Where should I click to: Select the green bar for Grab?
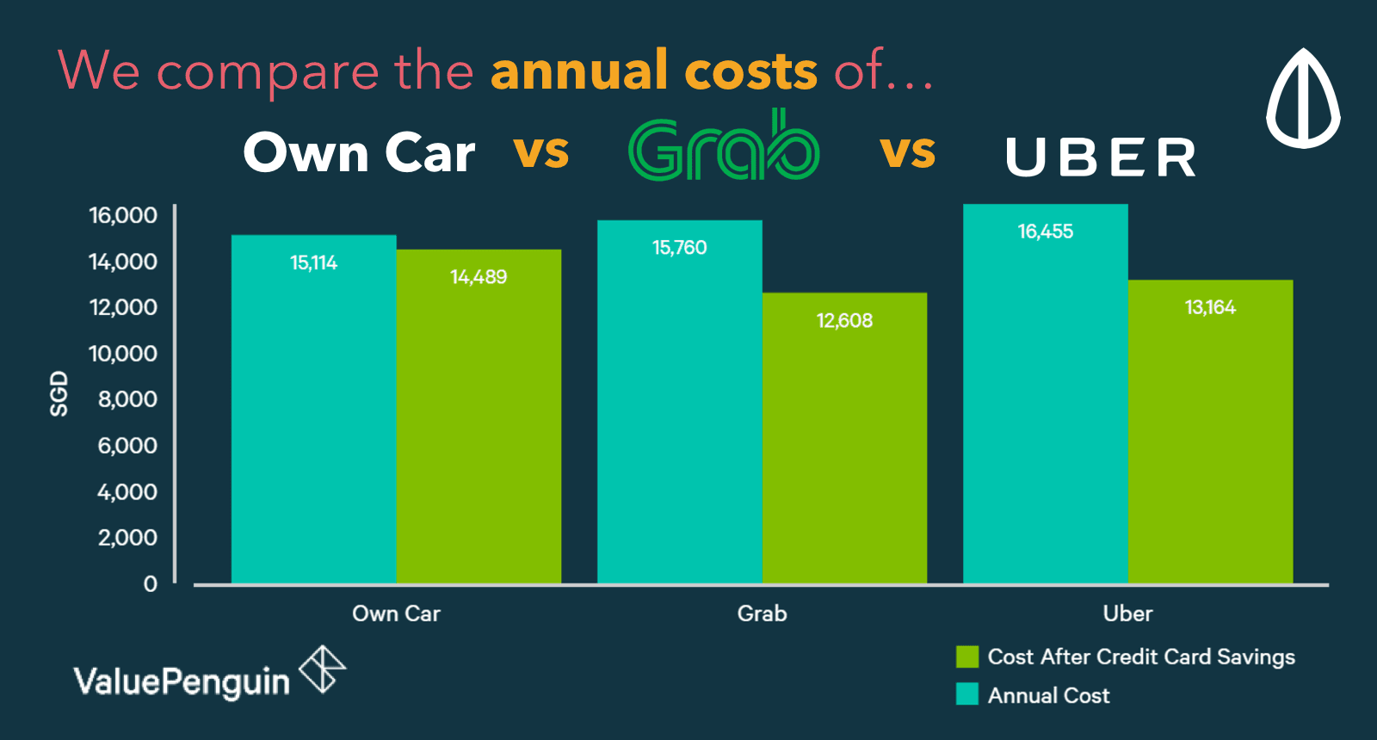click(844, 439)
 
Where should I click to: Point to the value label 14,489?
click(479, 277)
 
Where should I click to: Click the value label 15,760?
click(679, 248)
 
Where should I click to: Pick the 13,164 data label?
click(1210, 307)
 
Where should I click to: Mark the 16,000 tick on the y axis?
click(123, 215)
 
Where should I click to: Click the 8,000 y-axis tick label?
click(127, 399)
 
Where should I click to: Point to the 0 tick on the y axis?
click(151, 584)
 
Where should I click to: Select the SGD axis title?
click(59, 394)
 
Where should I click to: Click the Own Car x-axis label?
click(396, 614)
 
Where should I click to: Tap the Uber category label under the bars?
click(1127, 614)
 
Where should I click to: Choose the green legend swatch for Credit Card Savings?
click(967, 657)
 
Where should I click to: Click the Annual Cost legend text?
click(1048, 695)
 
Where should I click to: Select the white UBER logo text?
click(1101, 157)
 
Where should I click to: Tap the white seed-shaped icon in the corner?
click(1303, 98)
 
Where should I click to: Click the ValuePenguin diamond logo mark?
click(322, 669)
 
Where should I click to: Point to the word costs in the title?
click(750, 71)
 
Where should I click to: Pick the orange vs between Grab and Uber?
click(907, 151)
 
